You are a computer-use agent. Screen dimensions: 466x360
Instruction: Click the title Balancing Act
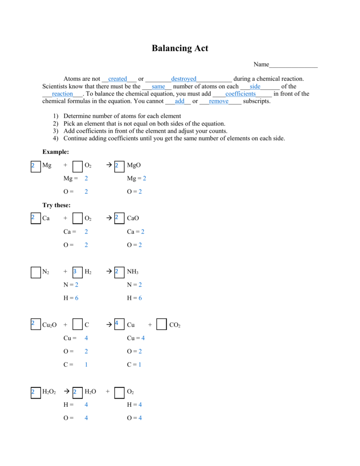[180, 48]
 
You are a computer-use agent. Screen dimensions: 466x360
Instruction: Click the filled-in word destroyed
[183, 79]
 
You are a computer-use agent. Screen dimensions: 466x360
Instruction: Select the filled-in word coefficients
[240, 94]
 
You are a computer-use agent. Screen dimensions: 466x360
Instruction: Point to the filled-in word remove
[218, 101]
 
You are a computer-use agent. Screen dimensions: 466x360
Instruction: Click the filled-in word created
[117, 79]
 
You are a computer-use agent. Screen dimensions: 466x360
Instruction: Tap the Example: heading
[56, 152]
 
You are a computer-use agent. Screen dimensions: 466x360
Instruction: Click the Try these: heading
[56, 205]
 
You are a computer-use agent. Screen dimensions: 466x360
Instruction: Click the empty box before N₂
[35, 272]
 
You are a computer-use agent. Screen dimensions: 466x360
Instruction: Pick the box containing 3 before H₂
[77, 272]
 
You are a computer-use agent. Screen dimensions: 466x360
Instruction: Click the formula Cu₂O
[49, 325]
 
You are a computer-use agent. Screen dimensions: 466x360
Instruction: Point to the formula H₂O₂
[49, 392]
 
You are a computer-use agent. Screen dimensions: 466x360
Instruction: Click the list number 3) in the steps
[56, 131]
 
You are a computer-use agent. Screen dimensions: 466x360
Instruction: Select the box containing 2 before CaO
[119, 218]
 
